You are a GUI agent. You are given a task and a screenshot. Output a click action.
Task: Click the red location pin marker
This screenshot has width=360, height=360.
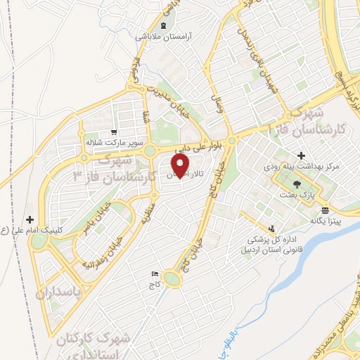point(180,167)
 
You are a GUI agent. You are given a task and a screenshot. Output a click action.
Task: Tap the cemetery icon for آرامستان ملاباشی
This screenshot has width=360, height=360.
point(164,25)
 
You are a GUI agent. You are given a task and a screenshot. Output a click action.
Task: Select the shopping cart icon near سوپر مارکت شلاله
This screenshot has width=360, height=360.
point(114,131)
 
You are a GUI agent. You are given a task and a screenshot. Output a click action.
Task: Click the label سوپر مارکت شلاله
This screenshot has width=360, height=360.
point(109,141)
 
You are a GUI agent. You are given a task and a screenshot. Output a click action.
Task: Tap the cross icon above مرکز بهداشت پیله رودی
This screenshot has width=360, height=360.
point(301,155)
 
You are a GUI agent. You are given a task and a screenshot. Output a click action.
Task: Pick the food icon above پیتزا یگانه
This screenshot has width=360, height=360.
point(323,210)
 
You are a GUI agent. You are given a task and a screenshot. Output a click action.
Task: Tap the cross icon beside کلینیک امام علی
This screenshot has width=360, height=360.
point(30,219)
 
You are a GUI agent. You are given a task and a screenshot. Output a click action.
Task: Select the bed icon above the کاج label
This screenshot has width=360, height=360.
point(155,274)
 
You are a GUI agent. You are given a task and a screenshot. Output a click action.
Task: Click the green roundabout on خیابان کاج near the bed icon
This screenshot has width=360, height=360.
point(175,280)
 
